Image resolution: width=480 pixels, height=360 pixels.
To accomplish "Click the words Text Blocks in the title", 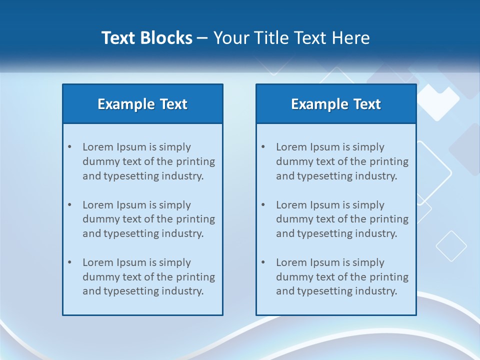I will click(x=146, y=38).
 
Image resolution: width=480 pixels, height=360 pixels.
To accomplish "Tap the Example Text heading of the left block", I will click(x=142, y=104).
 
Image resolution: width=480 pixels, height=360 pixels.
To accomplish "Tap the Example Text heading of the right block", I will click(x=336, y=104).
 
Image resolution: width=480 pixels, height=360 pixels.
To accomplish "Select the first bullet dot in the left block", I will click(x=70, y=147).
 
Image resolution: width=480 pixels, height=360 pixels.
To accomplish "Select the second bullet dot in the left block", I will click(x=70, y=205).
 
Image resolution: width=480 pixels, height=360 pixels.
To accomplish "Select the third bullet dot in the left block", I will click(x=70, y=262).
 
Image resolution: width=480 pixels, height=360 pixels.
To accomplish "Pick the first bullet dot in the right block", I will click(x=263, y=147).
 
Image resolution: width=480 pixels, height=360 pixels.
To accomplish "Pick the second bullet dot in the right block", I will click(x=263, y=205).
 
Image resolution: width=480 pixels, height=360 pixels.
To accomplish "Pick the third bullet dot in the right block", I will click(x=263, y=262).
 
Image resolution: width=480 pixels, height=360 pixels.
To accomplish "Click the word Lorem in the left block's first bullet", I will click(x=98, y=147).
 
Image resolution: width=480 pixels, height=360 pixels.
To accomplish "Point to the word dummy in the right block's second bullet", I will click(x=293, y=219).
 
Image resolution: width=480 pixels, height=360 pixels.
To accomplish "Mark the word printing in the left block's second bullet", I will click(x=197, y=219).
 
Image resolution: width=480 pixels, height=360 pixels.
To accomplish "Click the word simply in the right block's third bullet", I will click(x=368, y=262).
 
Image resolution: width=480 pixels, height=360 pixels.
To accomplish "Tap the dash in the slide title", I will click(x=202, y=38).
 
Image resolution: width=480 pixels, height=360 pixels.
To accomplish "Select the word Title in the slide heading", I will click(x=271, y=38).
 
